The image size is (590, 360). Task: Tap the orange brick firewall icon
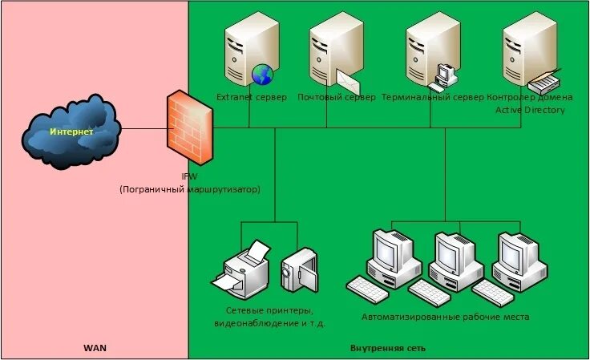click(190, 128)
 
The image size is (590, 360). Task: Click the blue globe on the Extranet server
click(262, 75)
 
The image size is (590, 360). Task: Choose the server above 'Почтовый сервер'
click(331, 50)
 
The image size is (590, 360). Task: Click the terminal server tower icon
click(427, 50)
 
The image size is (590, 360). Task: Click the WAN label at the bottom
click(95, 348)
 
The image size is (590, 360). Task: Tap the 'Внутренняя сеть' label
click(388, 348)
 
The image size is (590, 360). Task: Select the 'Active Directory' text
click(530, 110)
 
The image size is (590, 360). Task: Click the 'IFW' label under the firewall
click(189, 177)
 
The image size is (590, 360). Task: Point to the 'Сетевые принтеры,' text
click(269, 310)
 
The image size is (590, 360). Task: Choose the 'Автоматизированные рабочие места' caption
click(445, 318)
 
